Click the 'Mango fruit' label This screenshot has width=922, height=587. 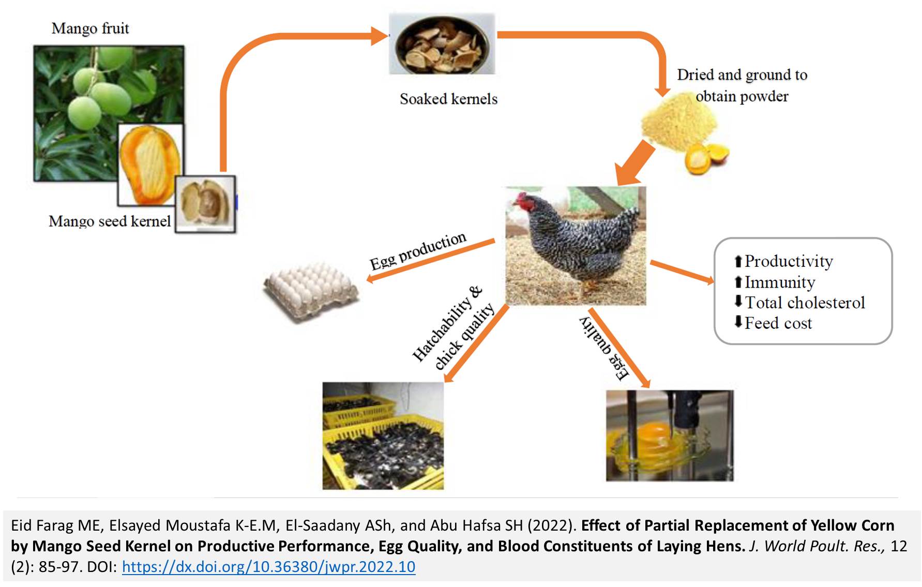(90, 28)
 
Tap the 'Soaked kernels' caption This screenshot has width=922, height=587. (448, 99)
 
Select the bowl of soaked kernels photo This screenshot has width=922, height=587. (442, 44)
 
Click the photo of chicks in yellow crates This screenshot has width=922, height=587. (383, 435)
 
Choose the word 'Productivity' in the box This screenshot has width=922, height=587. (789, 261)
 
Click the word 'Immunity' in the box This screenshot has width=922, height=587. (780, 282)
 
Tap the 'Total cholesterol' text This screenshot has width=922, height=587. (805, 303)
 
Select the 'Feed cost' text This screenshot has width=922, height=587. (778, 323)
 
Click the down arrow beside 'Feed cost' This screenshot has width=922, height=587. (738, 322)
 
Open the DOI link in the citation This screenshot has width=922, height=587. (268, 567)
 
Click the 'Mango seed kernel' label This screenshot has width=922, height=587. (110, 221)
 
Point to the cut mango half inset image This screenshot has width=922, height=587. (150, 164)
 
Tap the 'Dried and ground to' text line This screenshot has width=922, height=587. (742, 75)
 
